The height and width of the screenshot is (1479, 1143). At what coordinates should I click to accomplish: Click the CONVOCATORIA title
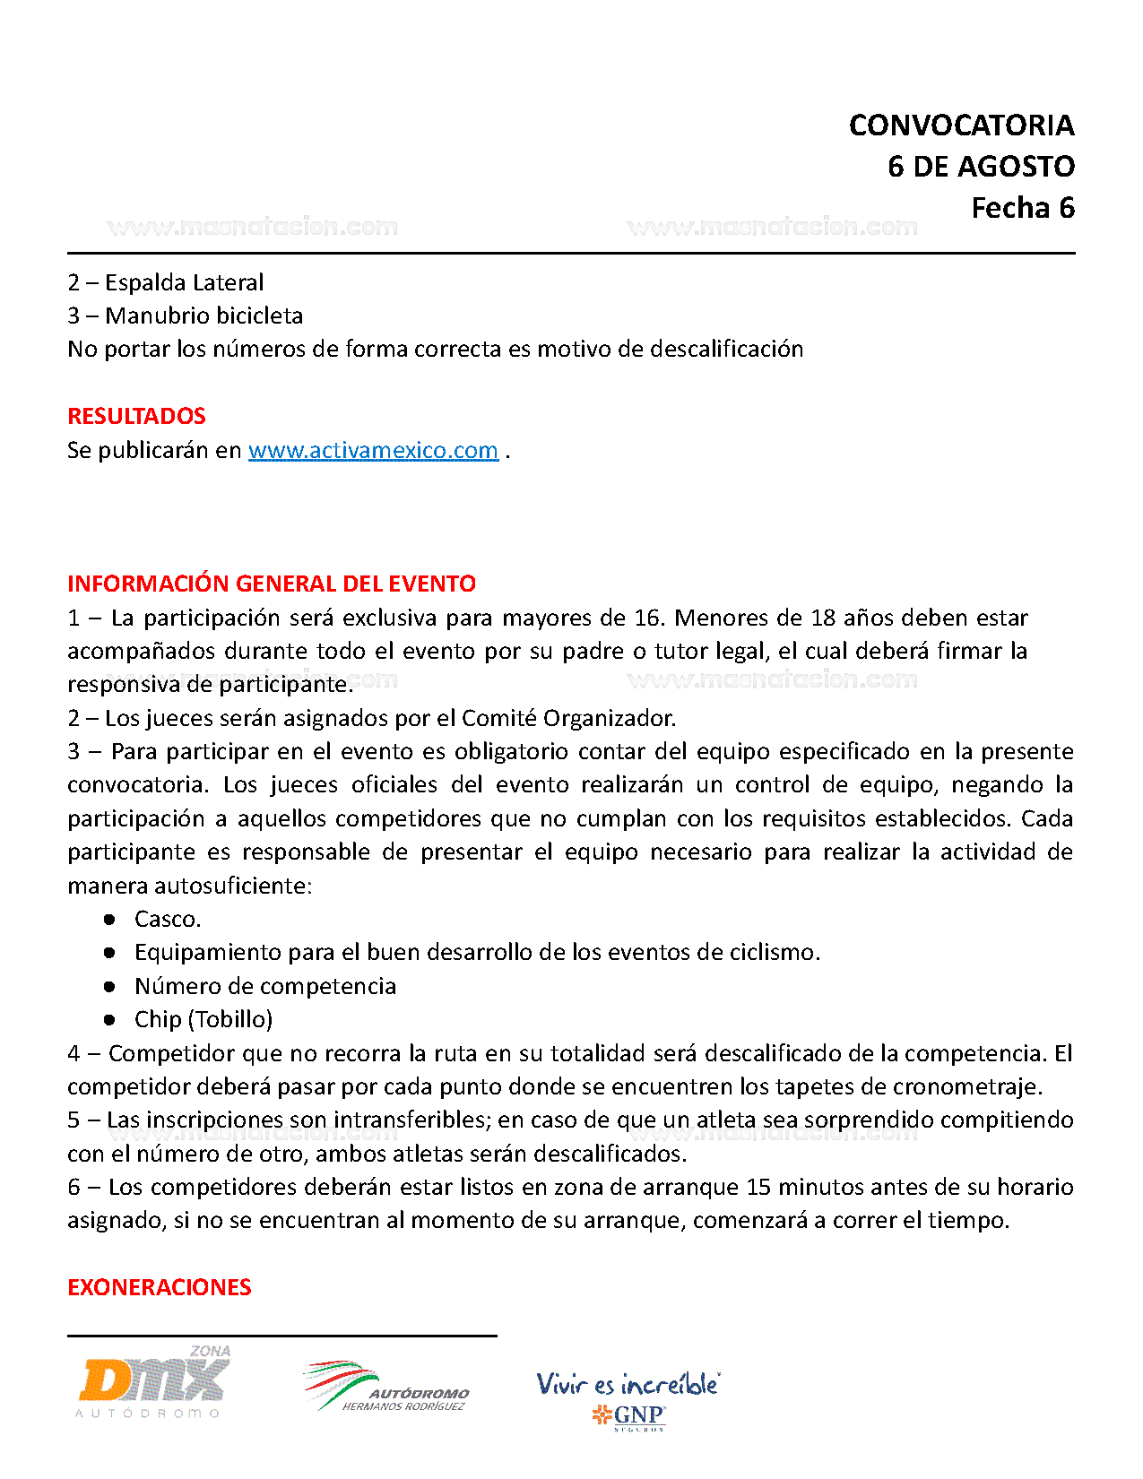tap(961, 125)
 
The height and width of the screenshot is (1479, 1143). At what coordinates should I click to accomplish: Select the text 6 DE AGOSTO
tap(981, 167)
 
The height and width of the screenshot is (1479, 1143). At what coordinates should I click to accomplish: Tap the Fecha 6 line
tap(1022, 208)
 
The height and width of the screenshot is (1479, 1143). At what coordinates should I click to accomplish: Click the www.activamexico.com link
tap(373, 450)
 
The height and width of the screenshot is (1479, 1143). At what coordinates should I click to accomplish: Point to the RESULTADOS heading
tap(136, 416)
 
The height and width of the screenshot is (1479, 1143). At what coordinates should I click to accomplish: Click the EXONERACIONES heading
tap(159, 1287)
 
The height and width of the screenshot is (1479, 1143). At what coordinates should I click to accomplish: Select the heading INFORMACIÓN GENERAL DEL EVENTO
tap(272, 584)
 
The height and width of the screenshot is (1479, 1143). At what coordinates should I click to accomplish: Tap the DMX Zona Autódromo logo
tap(153, 1381)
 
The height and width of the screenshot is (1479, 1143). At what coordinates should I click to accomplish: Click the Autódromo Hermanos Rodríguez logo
tap(386, 1387)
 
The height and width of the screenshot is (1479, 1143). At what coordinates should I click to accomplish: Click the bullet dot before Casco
tap(109, 919)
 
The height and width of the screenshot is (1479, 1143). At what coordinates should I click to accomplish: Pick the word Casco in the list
tap(167, 919)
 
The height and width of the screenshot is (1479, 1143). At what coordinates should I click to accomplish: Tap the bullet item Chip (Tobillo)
tap(203, 1019)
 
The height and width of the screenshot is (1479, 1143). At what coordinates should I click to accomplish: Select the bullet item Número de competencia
tap(265, 986)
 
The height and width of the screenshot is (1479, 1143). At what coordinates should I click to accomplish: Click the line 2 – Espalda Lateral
tap(166, 282)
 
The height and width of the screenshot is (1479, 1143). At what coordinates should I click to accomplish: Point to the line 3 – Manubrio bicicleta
tap(186, 316)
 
